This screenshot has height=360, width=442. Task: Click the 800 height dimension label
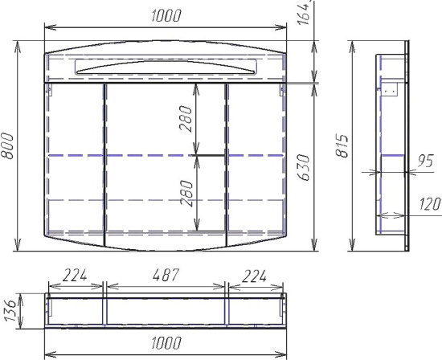pos(7,146)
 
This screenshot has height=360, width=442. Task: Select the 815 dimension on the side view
pos(342,145)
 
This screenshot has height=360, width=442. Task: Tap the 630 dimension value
pos(304,167)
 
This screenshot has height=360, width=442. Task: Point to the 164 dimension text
pos(304,13)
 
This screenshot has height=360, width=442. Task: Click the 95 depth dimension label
pos(425,161)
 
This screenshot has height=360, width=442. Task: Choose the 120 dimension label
pos(430,204)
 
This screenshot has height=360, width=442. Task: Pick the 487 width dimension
pos(166,275)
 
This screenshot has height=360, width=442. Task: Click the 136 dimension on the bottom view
pos(10,311)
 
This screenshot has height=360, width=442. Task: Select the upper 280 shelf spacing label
pos(186,119)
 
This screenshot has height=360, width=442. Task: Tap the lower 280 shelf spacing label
pos(186,194)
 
